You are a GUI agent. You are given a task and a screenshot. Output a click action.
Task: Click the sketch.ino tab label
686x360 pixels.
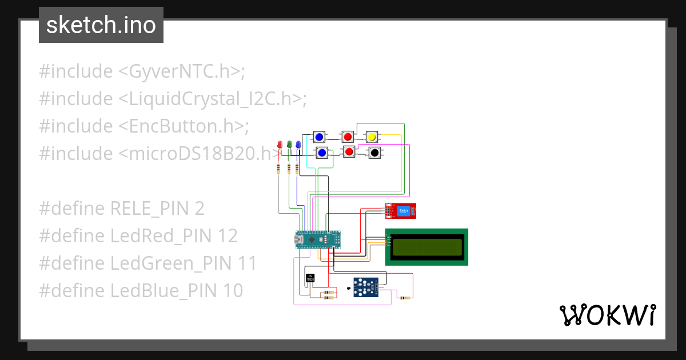[101, 25]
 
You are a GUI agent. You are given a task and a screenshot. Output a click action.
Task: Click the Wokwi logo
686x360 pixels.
[607, 315]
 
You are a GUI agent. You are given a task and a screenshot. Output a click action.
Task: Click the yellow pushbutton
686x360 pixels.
[372, 137]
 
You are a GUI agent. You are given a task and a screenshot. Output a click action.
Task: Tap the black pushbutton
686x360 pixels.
[374, 153]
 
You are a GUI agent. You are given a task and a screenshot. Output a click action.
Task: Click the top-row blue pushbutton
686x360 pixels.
[319, 137]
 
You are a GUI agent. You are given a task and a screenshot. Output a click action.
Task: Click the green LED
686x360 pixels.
[289, 145]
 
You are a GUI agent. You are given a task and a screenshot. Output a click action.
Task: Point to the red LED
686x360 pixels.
[280, 145]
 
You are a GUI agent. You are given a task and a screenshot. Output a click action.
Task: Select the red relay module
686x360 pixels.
[400, 211]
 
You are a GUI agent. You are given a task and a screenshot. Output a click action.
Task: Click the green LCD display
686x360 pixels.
[426, 247]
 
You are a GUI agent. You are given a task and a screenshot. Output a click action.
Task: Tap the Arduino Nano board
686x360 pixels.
[318, 240]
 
